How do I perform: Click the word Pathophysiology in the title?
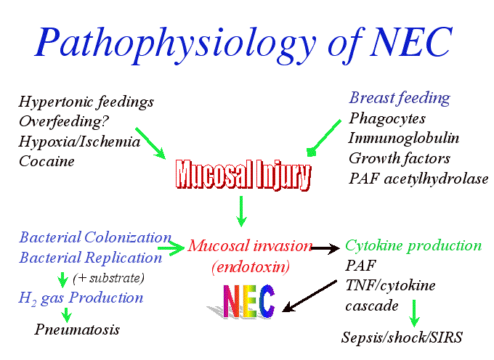tap(175, 44)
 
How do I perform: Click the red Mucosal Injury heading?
tap(243, 175)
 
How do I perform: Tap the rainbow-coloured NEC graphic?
tap(242, 301)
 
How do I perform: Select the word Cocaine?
tap(46, 161)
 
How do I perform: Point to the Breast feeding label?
tap(400, 98)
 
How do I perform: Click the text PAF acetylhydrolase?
tap(418, 179)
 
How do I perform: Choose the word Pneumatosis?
tap(77, 330)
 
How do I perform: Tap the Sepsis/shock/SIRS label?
tap(402, 337)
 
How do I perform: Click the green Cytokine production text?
tap(413, 246)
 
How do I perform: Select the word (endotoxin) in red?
tap(251, 267)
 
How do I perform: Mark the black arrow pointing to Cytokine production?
tap(325, 248)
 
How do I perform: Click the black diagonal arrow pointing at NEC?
tap(309, 296)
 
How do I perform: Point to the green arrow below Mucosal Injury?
tap(241, 211)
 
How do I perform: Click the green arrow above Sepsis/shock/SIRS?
tap(414, 314)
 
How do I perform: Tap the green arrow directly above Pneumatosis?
tap(67, 315)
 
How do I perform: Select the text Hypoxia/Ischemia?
tap(79, 142)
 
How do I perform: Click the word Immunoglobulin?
tap(404, 138)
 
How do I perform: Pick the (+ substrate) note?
tap(108, 278)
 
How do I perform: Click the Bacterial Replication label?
tap(91, 258)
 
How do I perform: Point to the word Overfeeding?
tap(64, 121)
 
